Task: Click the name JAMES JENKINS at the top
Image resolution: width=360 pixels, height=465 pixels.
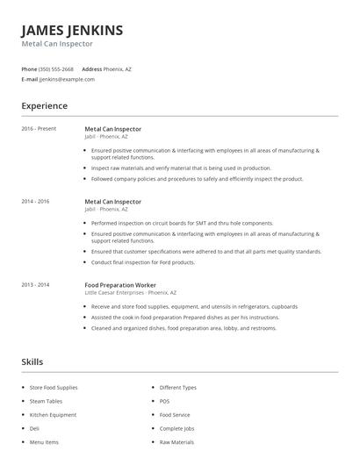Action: click(x=72, y=31)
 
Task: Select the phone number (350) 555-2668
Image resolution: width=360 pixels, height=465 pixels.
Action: click(x=57, y=68)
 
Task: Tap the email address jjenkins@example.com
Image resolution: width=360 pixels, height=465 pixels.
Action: click(x=67, y=79)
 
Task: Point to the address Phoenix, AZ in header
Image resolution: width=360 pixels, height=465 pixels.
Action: click(x=118, y=68)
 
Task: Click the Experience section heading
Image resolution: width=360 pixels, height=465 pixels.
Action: click(x=44, y=106)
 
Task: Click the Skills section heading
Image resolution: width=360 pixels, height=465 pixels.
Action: click(x=32, y=361)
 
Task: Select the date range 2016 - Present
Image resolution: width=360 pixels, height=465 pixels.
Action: click(x=39, y=129)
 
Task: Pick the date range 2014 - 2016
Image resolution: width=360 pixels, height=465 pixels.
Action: click(x=35, y=201)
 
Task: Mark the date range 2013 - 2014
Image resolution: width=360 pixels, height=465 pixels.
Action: click(x=35, y=284)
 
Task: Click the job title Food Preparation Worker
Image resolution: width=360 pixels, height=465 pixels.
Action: click(x=120, y=284)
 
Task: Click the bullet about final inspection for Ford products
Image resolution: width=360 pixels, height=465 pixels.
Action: click(x=143, y=262)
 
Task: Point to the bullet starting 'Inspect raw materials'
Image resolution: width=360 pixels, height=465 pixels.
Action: click(x=176, y=168)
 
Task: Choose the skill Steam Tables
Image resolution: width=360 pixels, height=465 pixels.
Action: click(x=47, y=400)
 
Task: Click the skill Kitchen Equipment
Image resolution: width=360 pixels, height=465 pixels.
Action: click(x=53, y=414)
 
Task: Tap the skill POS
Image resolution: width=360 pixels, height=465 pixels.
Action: click(x=164, y=400)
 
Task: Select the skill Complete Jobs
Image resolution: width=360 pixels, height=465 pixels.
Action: click(x=177, y=428)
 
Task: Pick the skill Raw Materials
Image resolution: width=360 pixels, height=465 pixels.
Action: click(x=176, y=442)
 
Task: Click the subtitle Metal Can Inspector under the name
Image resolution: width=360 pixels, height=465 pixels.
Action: click(x=57, y=44)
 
